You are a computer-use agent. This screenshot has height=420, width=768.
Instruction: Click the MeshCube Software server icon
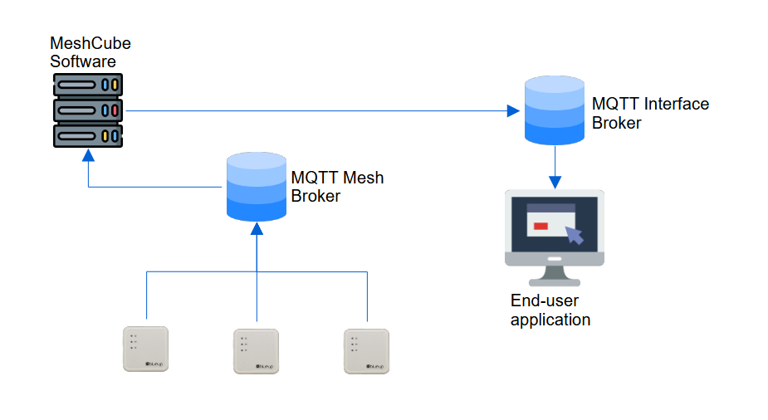(x=88, y=110)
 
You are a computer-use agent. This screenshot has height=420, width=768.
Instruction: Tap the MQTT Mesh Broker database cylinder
(x=257, y=186)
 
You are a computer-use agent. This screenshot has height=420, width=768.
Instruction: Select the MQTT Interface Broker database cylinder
(x=555, y=110)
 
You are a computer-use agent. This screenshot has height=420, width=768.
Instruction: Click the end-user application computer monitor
(x=555, y=227)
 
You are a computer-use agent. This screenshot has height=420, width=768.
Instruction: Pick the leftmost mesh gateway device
(x=146, y=349)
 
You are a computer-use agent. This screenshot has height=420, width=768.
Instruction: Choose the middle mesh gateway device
(x=256, y=351)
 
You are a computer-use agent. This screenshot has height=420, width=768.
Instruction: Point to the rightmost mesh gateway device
(x=366, y=351)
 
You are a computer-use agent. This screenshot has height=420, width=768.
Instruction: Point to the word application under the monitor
(x=550, y=320)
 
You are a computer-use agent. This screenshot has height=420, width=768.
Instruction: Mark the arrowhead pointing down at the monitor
(x=555, y=180)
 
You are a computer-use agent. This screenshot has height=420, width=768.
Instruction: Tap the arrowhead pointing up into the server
(x=88, y=155)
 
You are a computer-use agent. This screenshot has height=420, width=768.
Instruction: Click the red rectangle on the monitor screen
(x=541, y=226)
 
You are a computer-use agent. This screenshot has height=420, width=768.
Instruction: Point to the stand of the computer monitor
(x=554, y=273)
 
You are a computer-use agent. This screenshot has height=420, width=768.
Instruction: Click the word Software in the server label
(x=83, y=62)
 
